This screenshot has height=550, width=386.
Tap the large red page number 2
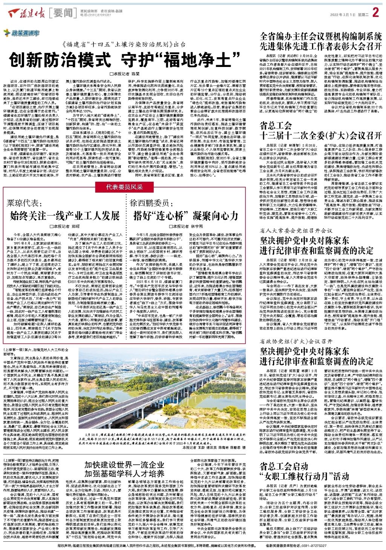(375, 13)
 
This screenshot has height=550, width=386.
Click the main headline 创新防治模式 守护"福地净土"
(124, 59)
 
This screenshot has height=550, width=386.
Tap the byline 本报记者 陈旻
(124, 74)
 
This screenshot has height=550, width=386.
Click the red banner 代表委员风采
(124, 187)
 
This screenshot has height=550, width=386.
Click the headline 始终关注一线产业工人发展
(65, 216)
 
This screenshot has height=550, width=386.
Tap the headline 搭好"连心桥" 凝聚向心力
(186, 216)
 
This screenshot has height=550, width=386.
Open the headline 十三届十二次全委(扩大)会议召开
(321, 135)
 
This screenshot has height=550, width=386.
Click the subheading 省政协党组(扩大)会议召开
(296, 342)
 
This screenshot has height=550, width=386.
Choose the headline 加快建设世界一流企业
(124, 464)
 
